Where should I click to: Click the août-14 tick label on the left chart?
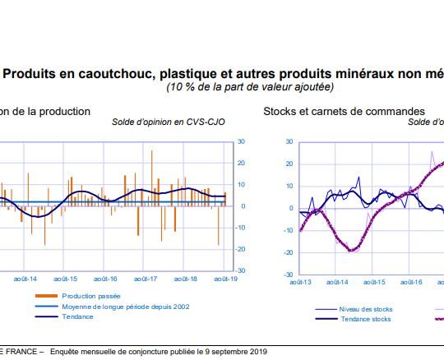click(x=25, y=279)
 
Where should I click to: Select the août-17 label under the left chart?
click(x=146, y=279)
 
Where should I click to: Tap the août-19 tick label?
click(x=225, y=279)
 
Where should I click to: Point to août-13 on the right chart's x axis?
click(x=300, y=282)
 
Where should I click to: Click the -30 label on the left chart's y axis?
click(x=241, y=270)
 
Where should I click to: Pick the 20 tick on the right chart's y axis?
click(x=289, y=164)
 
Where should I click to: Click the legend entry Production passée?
click(x=91, y=296)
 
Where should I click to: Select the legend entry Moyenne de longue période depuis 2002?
click(x=126, y=307)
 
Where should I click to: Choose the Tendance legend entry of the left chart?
click(x=77, y=316)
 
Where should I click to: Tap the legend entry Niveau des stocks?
click(x=366, y=309)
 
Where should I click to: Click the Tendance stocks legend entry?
click(x=366, y=319)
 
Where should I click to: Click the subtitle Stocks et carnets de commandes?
click(x=344, y=111)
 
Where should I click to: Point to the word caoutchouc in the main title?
click(x=117, y=74)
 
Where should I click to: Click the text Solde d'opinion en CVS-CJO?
click(x=169, y=122)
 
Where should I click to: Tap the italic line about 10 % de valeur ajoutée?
click(x=250, y=87)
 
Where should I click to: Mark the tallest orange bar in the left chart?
click(x=152, y=178)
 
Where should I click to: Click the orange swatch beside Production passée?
click(x=46, y=296)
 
